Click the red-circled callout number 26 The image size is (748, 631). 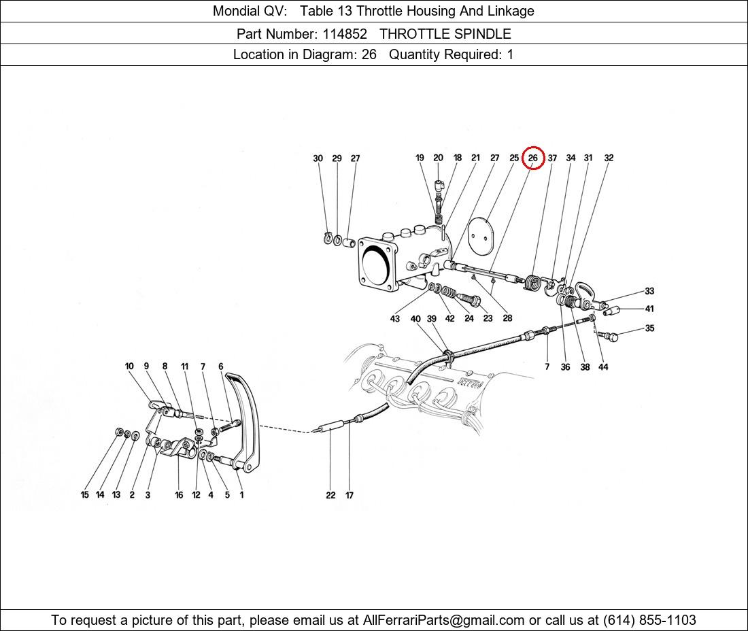coord(533,158)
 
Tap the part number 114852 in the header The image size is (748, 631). coord(345,34)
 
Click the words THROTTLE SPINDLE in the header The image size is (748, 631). coord(445,34)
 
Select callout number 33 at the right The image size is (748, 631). coord(649,291)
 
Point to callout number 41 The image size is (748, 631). coord(649,309)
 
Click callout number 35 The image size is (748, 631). coord(649,328)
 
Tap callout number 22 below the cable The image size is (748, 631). coord(330,496)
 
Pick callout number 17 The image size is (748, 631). coord(350,496)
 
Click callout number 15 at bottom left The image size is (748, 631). coord(85,495)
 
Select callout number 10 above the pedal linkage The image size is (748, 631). coord(129,366)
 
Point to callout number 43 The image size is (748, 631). coord(395,319)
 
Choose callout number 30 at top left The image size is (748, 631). coord(318,158)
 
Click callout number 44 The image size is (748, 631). coord(603,366)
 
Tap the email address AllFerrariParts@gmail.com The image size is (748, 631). coord(443,620)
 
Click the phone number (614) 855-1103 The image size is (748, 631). coord(649,620)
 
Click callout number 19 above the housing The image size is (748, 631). coord(420,158)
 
